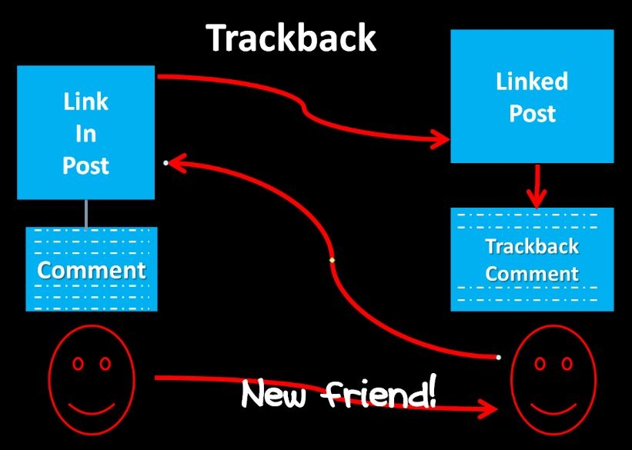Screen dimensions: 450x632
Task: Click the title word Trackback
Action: click(291, 38)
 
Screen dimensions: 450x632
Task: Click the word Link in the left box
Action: click(85, 102)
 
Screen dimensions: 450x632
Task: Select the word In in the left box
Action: click(85, 133)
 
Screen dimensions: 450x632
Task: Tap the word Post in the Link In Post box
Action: click(85, 165)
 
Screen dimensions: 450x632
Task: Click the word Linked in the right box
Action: click(531, 82)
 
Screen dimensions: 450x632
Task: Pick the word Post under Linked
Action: click(531, 113)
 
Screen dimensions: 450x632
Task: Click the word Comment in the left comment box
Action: click(92, 270)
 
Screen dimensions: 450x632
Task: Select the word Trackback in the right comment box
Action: click(531, 247)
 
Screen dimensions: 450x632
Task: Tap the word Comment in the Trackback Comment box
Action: click(531, 273)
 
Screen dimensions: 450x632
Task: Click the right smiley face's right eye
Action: click(567, 362)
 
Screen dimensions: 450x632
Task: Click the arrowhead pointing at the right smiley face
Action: click(490, 409)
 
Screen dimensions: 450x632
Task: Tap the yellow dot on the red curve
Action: click(332, 261)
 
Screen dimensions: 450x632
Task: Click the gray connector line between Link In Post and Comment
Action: click(85, 213)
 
